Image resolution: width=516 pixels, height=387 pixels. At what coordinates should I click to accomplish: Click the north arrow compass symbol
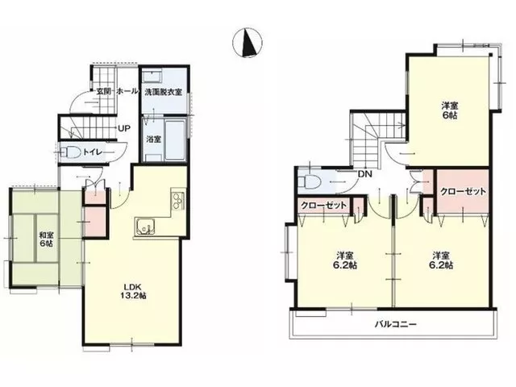[248, 43]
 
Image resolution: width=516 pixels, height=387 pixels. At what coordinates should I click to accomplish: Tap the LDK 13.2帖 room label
[135, 290]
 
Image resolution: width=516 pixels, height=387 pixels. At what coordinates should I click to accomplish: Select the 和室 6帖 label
[46, 239]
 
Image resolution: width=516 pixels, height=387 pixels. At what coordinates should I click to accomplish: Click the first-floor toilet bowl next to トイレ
[73, 152]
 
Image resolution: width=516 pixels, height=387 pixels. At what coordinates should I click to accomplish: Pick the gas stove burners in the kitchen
[178, 200]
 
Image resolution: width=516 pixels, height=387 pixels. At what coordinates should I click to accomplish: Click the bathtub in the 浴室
[175, 140]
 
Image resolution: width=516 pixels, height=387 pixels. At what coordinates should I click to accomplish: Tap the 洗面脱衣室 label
[164, 92]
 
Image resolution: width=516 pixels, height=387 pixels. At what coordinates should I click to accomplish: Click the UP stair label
[124, 128]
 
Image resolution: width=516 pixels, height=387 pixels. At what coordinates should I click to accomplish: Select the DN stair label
[364, 174]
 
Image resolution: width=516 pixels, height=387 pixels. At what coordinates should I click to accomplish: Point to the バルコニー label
[396, 324]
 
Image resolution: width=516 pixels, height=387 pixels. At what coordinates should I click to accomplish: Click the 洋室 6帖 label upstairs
[450, 110]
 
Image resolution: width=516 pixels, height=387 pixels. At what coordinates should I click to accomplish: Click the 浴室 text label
[154, 139]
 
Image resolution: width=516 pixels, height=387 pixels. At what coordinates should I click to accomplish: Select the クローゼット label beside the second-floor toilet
[324, 206]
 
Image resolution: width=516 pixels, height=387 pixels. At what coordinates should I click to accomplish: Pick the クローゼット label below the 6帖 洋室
[463, 192]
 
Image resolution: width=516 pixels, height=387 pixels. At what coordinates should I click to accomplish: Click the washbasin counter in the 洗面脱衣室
[152, 77]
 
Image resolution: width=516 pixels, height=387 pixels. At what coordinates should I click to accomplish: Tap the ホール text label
[127, 91]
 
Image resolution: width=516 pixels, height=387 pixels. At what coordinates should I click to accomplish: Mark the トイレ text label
[94, 152]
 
